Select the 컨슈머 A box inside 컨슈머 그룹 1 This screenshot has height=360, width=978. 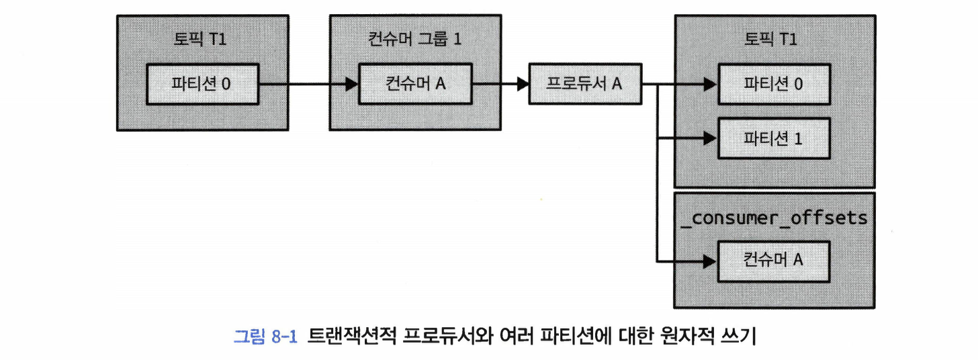coord(415,85)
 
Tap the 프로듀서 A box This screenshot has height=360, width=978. coord(585,84)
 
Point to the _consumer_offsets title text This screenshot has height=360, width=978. coord(774,218)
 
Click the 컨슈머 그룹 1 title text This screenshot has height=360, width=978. coord(415,38)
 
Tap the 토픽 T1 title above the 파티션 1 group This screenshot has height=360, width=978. coord(774,38)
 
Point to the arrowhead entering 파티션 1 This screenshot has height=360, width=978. coord(709,139)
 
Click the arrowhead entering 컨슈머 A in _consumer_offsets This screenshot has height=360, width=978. coord(709,261)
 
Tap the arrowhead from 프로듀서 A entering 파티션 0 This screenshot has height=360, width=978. coord(709,85)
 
